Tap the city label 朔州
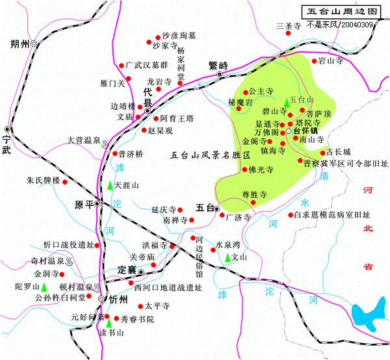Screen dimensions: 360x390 point(21,44)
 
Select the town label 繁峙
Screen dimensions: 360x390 point(218,65)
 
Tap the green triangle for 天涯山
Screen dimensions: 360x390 point(109,186)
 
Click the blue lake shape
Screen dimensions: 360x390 point(367,317)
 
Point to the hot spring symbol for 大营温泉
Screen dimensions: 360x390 point(106,140)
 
